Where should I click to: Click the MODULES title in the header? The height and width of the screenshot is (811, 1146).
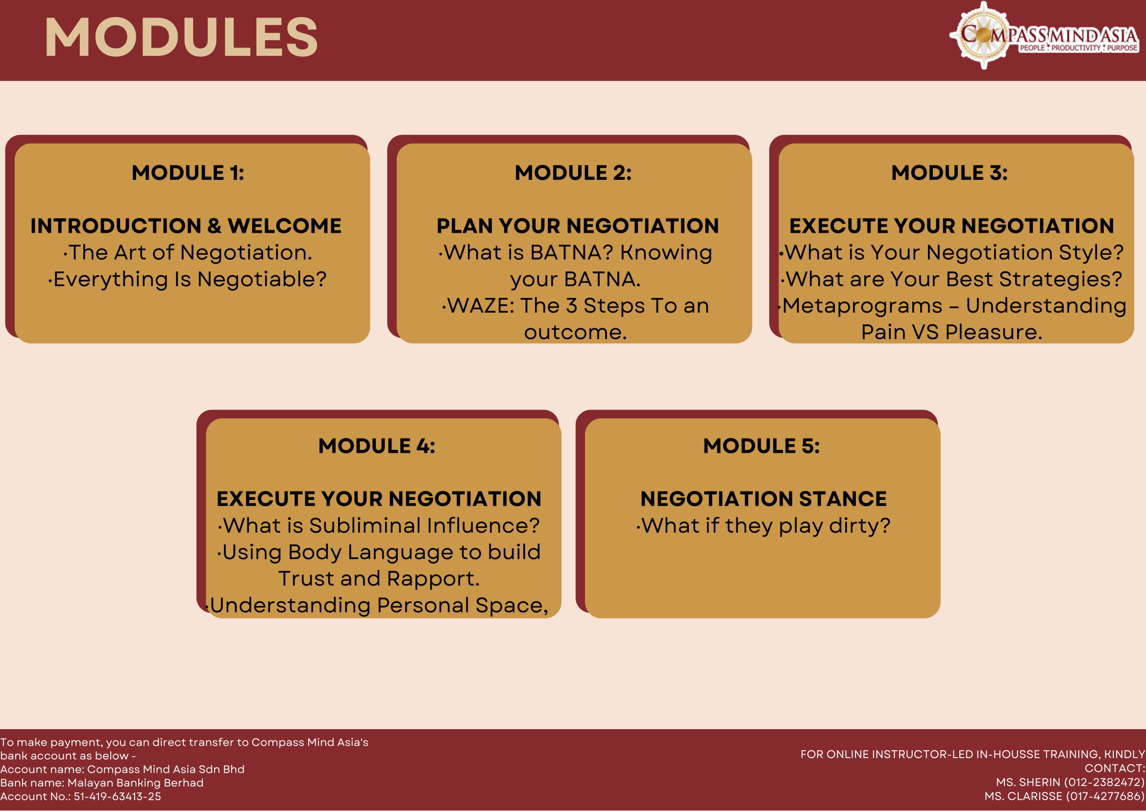[x=181, y=37]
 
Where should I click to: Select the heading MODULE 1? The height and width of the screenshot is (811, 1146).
[x=188, y=173]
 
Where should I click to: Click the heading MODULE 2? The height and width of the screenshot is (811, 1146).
[x=573, y=173]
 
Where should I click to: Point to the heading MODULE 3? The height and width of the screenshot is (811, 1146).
[x=949, y=173]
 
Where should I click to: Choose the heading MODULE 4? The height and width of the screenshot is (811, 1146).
[x=376, y=446]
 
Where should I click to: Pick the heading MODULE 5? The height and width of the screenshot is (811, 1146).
[x=761, y=446]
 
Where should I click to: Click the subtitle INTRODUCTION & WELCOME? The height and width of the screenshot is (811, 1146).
[x=186, y=226]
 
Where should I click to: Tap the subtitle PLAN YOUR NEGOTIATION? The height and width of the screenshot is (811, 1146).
[x=578, y=226]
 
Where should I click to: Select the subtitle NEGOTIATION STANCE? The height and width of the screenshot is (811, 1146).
[x=763, y=499]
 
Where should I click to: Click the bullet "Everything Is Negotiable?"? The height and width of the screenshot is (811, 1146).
[x=187, y=280]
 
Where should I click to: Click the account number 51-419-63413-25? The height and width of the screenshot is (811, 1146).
[x=118, y=796]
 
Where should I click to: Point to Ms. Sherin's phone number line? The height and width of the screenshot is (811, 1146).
[x=1070, y=782]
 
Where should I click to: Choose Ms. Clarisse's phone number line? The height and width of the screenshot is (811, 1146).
[x=1065, y=796]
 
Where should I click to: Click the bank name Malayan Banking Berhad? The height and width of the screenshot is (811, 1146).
[x=135, y=783]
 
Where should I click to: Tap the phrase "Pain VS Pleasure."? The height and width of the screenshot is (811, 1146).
[x=952, y=332]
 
